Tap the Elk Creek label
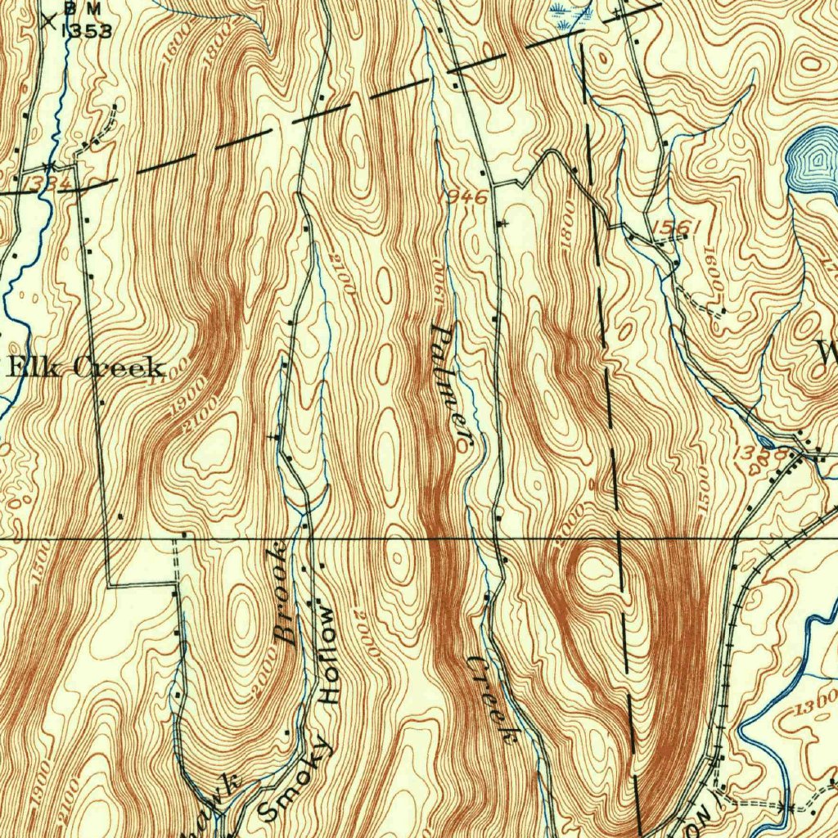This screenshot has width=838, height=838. coord(86,367)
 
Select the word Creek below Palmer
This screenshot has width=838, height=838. coord(493,698)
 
